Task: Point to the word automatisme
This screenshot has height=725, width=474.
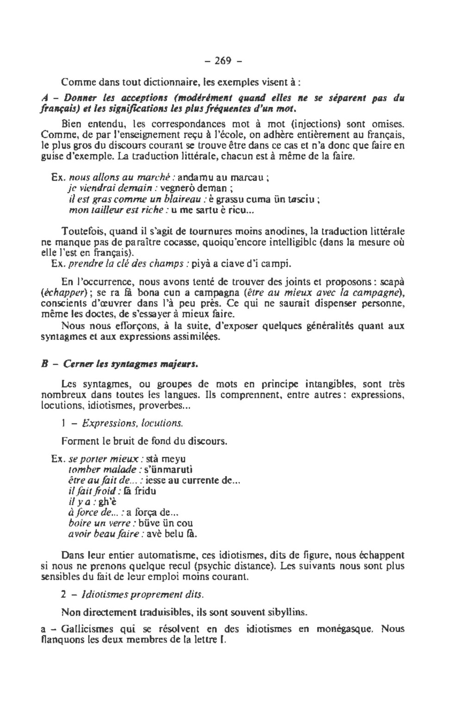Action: click(x=156, y=555)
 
